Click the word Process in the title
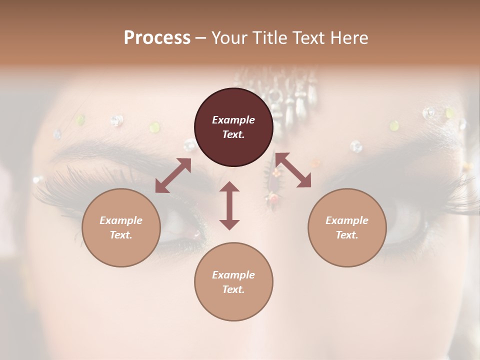point(157,38)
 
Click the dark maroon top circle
point(233,127)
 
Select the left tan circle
point(121,227)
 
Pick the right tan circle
point(347,227)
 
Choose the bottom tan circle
point(233,281)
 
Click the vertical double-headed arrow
point(229,205)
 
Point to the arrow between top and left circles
point(173,175)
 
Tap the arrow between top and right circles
point(293,170)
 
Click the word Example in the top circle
point(233,120)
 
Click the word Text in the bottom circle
point(233,289)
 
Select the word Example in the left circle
point(121,220)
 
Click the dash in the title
point(201,38)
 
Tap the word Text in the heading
point(305,38)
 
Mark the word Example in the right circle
point(347,220)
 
